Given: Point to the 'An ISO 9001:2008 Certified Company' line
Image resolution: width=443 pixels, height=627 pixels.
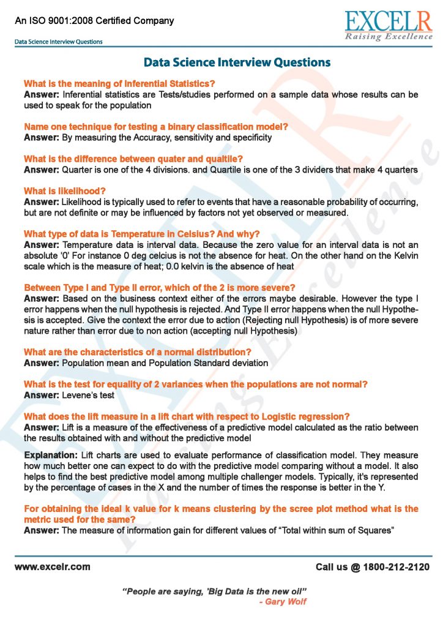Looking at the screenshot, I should pyautogui.click(x=94, y=20).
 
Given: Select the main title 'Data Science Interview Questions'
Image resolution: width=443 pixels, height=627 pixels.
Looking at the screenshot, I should pyautogui.click(x=237, y=62).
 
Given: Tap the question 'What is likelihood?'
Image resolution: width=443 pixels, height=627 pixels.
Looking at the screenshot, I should pyautogui.click(x=65, y=191).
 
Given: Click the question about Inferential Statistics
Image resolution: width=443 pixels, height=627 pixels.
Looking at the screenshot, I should pyautogui.click(x=119, y=83).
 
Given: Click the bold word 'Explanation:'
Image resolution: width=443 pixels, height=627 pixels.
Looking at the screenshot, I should pyautogui.click(x=50, y=456).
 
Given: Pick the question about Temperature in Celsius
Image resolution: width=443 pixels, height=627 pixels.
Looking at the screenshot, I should pyautogui.click(x=142, y=234).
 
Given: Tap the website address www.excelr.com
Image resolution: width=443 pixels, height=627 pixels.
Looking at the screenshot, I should pyautogui.click(x=53, y=567).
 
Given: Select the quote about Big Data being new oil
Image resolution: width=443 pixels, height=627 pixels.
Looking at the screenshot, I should pyautogui.click(x=215, y=591).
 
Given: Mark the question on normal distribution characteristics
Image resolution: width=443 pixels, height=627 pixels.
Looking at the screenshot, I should pyautogui.click(x=138, y=352).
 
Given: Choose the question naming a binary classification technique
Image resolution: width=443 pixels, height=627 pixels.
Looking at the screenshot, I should pyautogui.click(x=156, y=127).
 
